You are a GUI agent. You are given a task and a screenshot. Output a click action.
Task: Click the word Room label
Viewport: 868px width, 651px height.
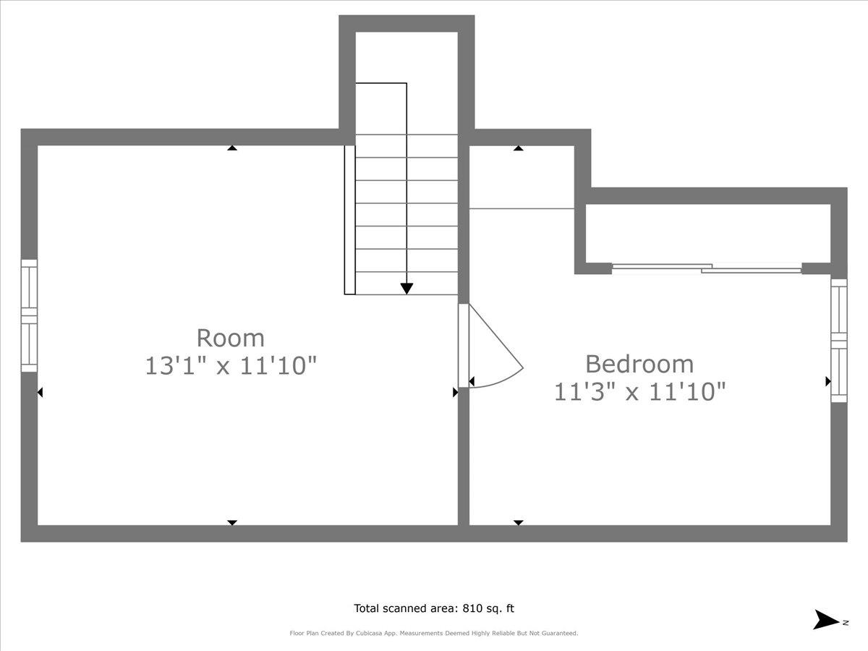click(231, 338)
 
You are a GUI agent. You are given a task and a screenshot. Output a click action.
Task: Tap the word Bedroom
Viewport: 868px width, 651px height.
click(639, 363)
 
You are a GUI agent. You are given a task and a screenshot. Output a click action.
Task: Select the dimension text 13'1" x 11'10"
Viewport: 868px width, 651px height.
click(231, 365)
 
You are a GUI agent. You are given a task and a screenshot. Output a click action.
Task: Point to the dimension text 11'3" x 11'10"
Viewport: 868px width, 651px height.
click(639, 391)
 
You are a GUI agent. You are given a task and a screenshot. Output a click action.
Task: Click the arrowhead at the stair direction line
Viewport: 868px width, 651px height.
click(407, 288)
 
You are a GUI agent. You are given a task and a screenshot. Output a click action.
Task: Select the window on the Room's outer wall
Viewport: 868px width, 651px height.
click(29, 316)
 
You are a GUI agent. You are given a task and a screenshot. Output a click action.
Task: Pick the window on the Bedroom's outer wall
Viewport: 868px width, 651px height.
click(839, 340)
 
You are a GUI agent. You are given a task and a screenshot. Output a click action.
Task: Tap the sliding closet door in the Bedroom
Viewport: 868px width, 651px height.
click(707, 268)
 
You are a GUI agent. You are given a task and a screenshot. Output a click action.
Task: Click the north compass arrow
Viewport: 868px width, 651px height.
click(825, 620)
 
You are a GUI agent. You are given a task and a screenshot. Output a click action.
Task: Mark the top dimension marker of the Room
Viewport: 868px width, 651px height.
click(232, 148)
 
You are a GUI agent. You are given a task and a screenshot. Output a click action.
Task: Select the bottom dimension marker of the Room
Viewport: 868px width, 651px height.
click(232, 522)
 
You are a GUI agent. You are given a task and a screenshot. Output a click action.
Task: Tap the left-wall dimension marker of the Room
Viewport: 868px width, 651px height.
click(40, 392)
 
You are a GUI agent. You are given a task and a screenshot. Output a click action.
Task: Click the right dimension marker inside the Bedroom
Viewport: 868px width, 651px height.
click(827, 380)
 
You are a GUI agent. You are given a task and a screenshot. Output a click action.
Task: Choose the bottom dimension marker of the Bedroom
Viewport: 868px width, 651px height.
click(518, 522)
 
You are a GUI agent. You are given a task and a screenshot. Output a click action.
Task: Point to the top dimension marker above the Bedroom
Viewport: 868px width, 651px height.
click(518, 148)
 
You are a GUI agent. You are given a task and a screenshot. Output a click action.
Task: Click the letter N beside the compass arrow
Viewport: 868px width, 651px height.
click(846, 621)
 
